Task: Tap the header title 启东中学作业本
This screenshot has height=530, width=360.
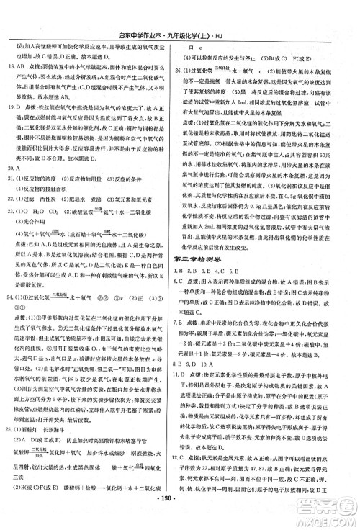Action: tap(153, 8)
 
